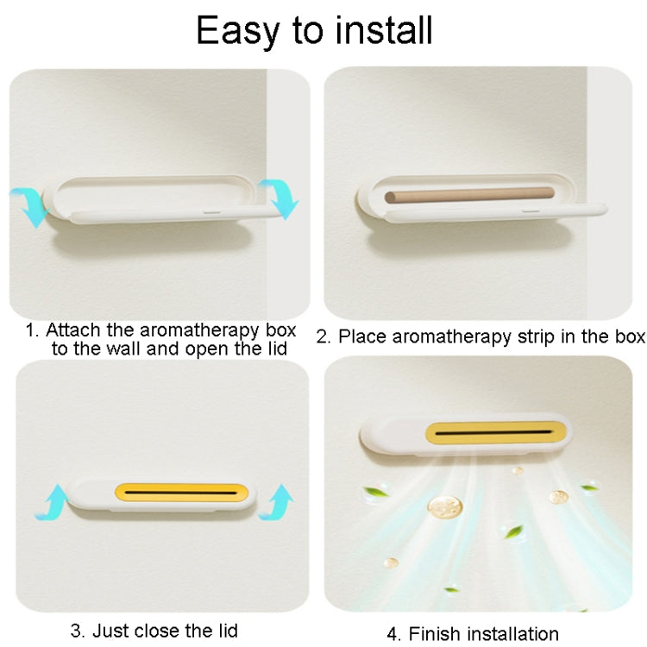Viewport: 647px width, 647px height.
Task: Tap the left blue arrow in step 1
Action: (x=29, y=205)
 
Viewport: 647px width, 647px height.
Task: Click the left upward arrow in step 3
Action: (x=51, y=501)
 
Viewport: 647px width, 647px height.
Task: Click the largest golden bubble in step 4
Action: (x=445, y=506)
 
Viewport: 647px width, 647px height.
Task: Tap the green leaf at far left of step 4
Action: (x=374, y=493)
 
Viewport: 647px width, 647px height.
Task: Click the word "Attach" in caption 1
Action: (x=72, y=330)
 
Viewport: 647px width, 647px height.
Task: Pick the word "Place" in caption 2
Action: (x=361, y=336)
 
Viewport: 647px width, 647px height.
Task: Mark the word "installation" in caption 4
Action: (x=512, y=634)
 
